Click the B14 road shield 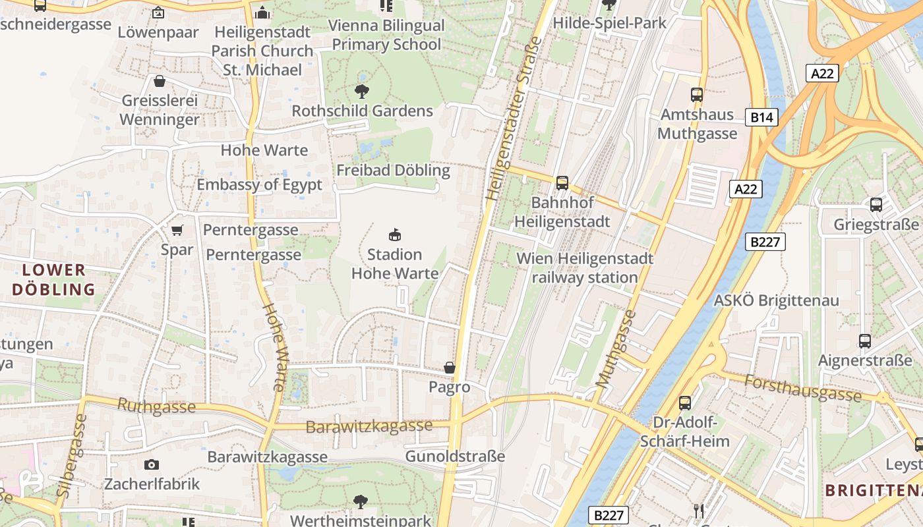761,117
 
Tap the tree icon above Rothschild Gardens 362,91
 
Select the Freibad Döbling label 393,170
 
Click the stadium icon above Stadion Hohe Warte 395,235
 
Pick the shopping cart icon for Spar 177,230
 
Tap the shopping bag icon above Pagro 450,367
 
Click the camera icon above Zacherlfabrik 152,464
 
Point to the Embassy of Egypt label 259,184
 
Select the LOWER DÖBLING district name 53,279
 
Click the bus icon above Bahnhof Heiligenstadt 562,182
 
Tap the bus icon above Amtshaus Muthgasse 697,94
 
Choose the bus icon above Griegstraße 876,204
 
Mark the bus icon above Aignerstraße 865,341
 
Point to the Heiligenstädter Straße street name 514,119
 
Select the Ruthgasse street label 156,406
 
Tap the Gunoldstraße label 455,456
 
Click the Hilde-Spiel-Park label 609,23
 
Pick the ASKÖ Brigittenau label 777,300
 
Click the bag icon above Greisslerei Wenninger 159,81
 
